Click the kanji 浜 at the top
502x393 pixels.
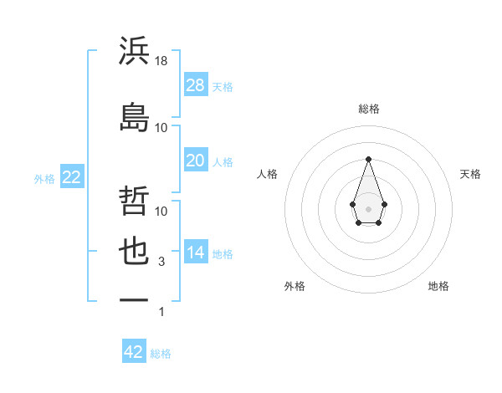[x=135, y=51]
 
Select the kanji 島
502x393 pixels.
[x=135, y=117]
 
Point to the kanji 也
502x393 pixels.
[x=135, y=253]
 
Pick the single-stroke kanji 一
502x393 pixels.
[x=135, y=299]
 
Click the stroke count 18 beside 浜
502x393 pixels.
[x=162, y=61]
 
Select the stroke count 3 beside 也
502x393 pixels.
[x=161, y=263]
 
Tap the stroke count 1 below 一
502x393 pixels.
[x=161, y=312]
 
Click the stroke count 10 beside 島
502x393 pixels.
[x=161, y=127]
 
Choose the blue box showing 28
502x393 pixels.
[x=196, y=84]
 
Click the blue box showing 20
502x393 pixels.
[x=196, y=161]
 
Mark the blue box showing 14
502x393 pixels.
[x=196, y=253]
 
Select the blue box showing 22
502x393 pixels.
[x=71, y=177]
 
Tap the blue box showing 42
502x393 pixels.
[x=134, y=352]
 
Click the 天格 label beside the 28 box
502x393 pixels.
[x=223, y=86]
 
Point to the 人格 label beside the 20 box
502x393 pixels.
[x=223, y=162]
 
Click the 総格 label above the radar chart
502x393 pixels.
[x=368, y=109]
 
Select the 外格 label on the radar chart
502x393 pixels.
[x=295, y=286]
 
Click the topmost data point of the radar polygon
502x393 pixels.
[x=368, y=159]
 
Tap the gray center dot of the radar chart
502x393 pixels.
[x=368, y=207]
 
